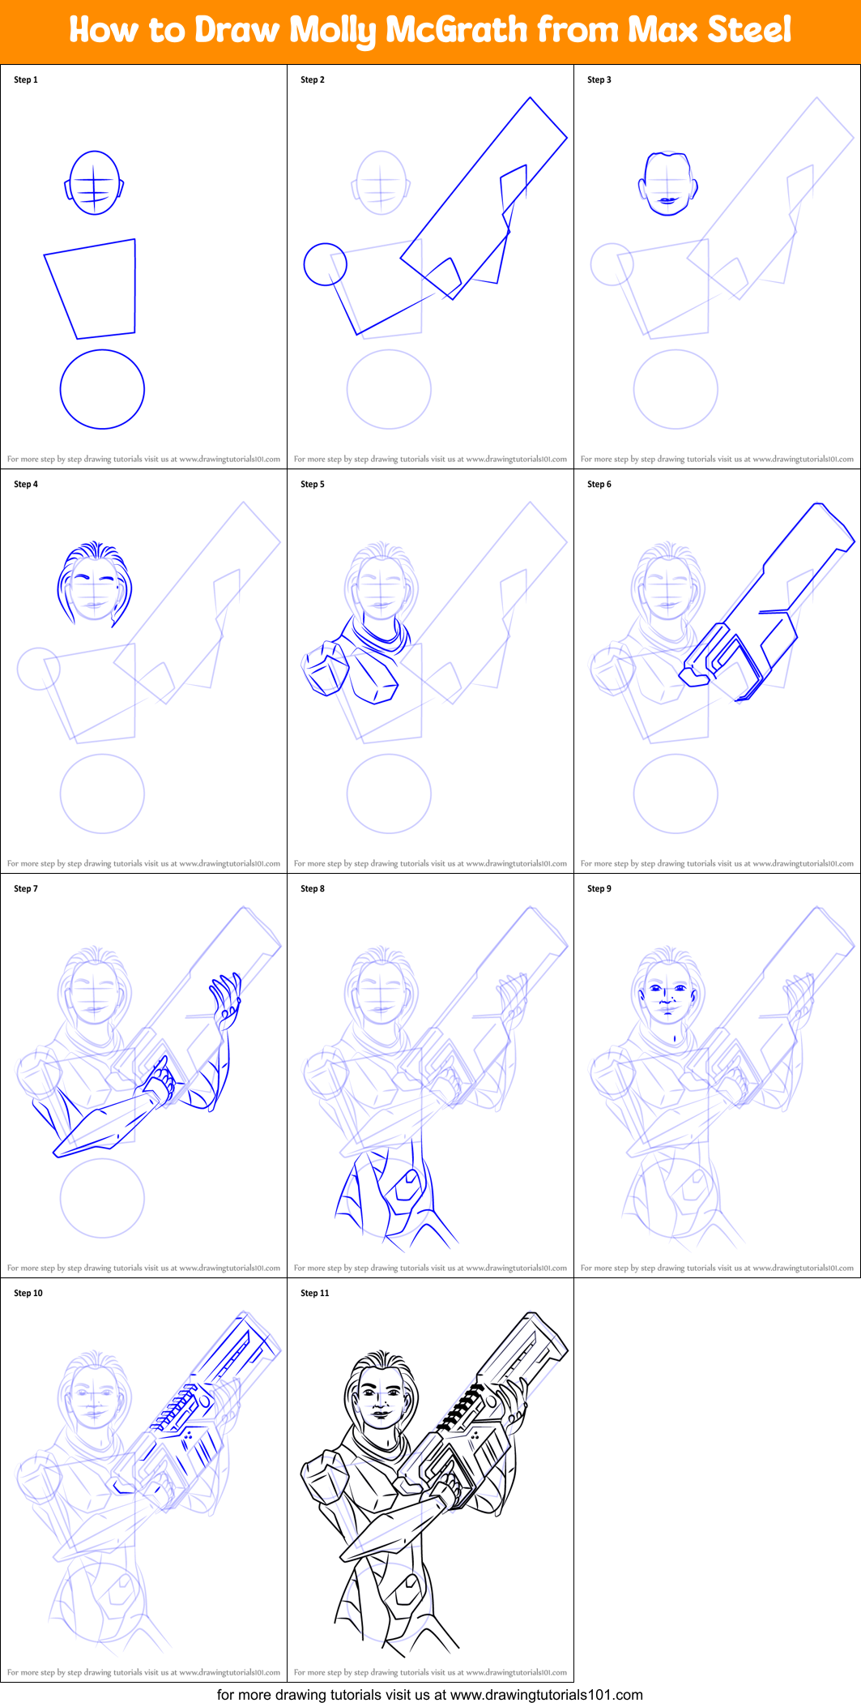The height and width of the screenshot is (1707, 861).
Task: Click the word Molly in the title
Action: click(333, 31)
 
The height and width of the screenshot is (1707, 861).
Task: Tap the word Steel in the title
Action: click(749, 30)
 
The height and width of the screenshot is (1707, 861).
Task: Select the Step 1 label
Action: click(26, 79)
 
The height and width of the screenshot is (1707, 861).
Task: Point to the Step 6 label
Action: click(599, 484)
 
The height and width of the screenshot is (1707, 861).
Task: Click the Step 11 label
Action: click(315, 1293)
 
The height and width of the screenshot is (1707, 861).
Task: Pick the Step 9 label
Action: click(599, 888)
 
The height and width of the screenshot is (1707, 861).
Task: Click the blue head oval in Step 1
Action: click(95, 182)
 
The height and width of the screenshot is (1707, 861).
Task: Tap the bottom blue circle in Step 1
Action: click(102, 389)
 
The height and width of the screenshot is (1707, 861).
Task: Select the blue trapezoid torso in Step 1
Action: click(93, 288)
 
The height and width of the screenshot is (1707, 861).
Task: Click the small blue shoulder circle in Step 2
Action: click(325, 264)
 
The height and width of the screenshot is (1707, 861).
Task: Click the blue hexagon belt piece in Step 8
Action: click(407, 1187)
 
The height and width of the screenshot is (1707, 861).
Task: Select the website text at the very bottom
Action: click(429, 1695)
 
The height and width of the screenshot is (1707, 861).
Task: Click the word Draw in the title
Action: click(237, 31)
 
